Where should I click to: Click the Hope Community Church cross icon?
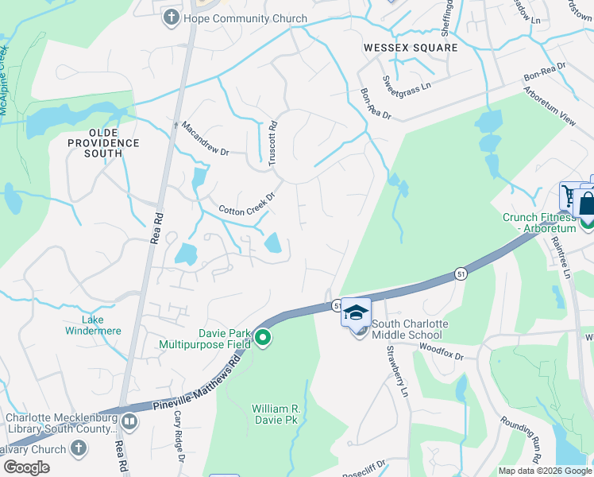click(171, 18)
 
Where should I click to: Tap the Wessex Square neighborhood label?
click(411, 48)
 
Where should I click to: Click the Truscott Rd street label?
click(272, 142)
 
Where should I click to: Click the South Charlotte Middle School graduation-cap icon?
click(356, 312)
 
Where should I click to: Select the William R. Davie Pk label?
click(275, 413)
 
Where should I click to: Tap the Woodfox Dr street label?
click(441, 351)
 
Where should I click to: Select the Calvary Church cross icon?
click(78, 449)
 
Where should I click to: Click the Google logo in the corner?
click(27, 467)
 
